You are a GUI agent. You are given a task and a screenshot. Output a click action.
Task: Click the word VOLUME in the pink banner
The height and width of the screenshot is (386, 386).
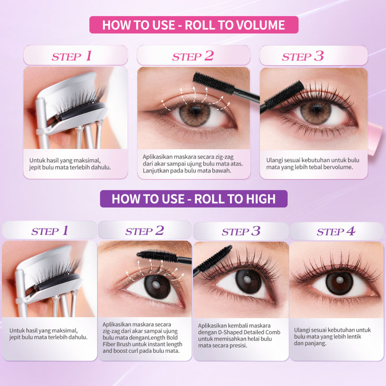pos(257,25)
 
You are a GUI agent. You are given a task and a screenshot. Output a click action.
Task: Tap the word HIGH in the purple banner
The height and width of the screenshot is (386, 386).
pos(261,199)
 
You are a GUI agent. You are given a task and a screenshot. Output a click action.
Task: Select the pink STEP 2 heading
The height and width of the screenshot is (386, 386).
pos(193,56)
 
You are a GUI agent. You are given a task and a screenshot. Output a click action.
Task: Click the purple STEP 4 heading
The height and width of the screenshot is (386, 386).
pos(336,231)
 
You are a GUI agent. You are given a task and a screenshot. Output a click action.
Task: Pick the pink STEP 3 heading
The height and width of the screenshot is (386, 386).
pos(303,56)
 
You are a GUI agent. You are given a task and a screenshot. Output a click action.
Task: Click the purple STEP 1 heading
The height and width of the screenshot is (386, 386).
pos(49,231)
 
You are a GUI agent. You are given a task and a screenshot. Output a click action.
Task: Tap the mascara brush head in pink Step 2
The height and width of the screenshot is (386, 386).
pos(213,83)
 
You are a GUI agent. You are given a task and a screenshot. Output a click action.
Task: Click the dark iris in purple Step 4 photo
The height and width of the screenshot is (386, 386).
pos(339,282)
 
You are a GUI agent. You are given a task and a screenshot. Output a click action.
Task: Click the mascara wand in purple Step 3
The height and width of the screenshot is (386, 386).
pos(212,260)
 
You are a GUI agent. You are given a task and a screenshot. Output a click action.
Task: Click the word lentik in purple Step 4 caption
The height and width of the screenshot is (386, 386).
pos(354,337)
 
